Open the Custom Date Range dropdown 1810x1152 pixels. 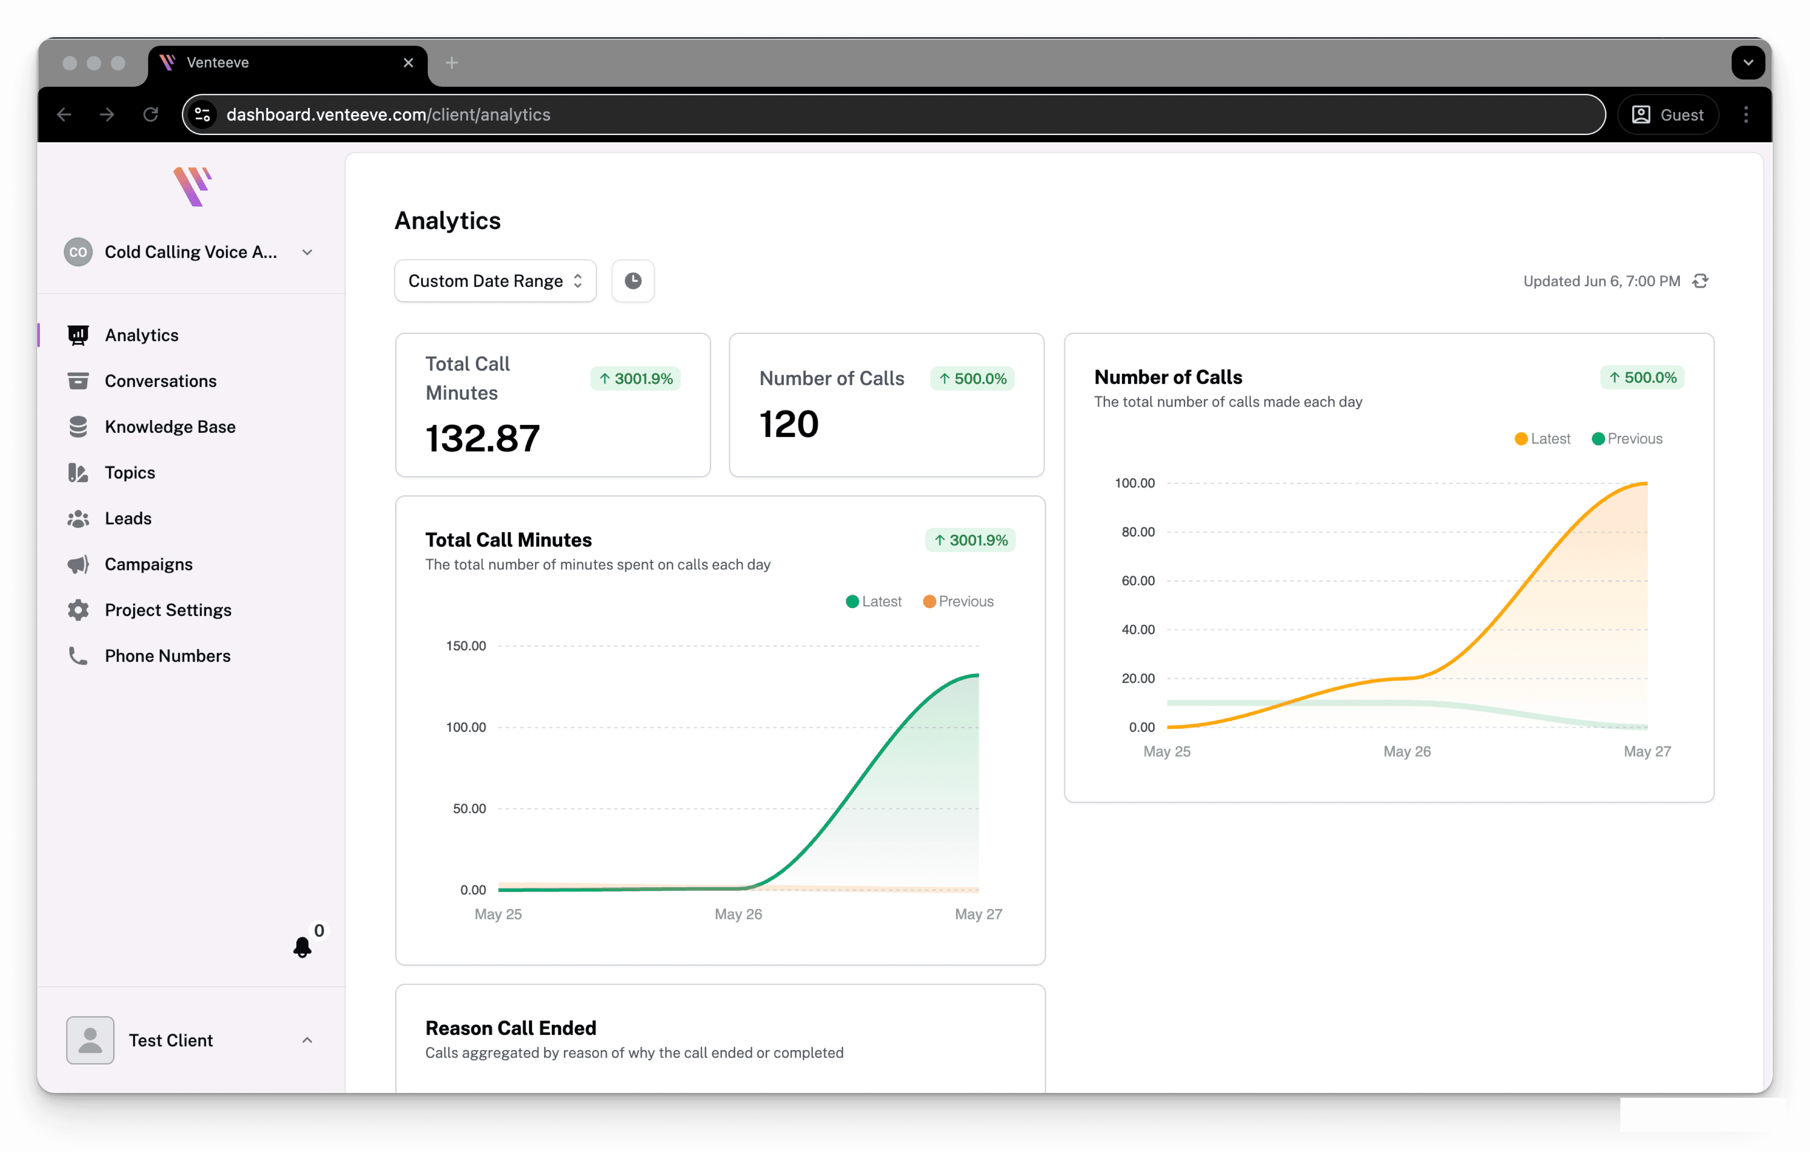click(495, 281)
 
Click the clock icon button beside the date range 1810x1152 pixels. click(633, 281)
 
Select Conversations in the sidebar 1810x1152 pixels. click(160, 381)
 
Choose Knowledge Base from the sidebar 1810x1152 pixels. click(170, 427)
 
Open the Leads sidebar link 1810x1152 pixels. click(128, 519)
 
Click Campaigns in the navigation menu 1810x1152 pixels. click(148, 565)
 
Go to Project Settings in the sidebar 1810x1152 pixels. click(167, 611)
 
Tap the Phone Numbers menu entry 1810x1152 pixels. click(167, 656)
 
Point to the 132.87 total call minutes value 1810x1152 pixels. click(482, 438)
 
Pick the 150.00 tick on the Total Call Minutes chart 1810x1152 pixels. click(466, 646)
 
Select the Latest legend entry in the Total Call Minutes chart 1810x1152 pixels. click(873, 602)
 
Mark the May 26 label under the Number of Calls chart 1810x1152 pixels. click(1407, 752)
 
